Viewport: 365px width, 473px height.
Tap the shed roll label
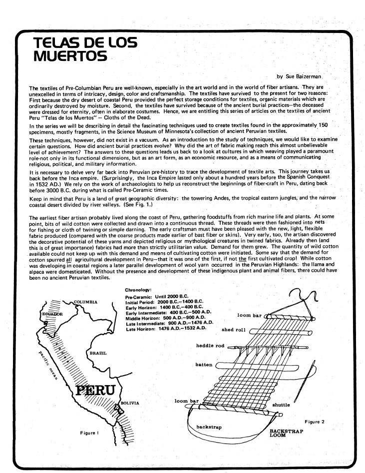click(x=233, y=330)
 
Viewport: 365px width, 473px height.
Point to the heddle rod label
click(x=212, y=346)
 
